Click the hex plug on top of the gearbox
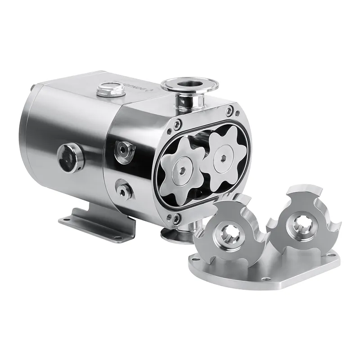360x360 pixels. pyautogui.click(x=110, y=88)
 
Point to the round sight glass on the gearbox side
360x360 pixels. pyautogui.click(x=70, y=158)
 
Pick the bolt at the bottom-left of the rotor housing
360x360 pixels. pyautogui.click(x=176, y=219)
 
